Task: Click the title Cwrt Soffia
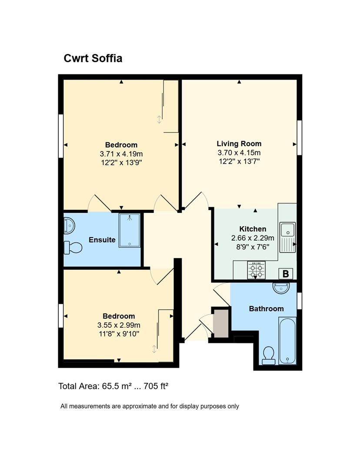pos(93,58)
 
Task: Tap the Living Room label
pos(239,144)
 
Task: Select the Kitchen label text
pos(253,229)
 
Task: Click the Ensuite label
pos(102,240)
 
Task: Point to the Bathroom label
pos(266,309)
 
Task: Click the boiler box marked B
pos(285,274)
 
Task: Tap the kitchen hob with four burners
pos(257,270)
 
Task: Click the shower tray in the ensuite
pos(130,230)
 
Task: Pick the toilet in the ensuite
pos(73,248)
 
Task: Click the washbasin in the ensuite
pos(69,226)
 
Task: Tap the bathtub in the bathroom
pos(287,341)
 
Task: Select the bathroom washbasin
pos(281,288)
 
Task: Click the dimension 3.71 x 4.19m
pos(121,154)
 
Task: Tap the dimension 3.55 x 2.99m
pos(119,325)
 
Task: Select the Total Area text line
pos(113,386)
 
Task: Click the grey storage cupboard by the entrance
pos(221,324)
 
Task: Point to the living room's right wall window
pos(299,138)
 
